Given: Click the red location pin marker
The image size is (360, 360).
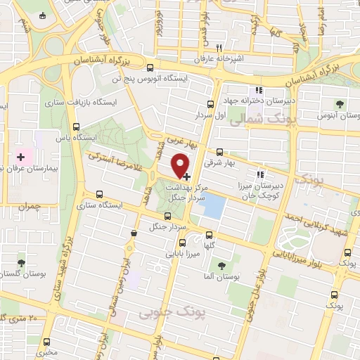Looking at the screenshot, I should [181, 165].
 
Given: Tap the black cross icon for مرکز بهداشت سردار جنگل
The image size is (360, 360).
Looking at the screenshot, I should [186, 179].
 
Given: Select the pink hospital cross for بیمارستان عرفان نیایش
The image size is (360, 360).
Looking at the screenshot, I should [20, 156].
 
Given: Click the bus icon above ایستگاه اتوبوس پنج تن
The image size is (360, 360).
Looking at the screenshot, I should [150, 67].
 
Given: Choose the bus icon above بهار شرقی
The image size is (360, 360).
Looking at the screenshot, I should [219, 151].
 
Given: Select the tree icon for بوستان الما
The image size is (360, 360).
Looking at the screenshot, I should [222, 266].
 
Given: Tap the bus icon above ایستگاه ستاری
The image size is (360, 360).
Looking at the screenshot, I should [98, 193].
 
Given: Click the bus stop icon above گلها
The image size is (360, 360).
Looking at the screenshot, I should [208, 236].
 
